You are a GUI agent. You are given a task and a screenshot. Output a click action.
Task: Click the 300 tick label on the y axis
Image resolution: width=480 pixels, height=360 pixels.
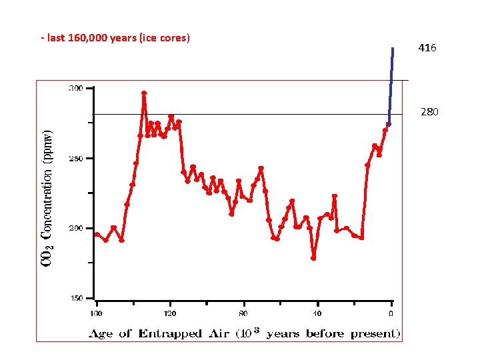tap(75, 88)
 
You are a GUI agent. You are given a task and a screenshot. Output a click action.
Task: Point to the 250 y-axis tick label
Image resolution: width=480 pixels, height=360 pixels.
tap(75, 159)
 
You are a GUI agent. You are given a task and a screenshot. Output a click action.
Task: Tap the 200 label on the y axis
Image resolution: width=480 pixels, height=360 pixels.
tap(75, 228)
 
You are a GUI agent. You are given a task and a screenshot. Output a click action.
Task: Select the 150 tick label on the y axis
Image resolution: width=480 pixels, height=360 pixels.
tap(75, 299)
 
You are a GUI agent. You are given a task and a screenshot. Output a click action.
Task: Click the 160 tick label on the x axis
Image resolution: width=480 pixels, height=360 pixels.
tap(97, 313)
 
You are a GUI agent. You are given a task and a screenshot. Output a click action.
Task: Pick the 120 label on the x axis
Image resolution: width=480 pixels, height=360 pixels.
tap(171, 313)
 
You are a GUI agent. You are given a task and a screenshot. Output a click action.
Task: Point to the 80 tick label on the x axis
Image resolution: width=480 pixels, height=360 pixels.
tap(244, 313)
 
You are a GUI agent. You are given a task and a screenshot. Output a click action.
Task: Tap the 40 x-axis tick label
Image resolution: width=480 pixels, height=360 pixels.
tap(317, 313)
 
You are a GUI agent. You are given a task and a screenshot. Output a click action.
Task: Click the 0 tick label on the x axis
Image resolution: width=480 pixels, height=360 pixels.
tap(391, 313)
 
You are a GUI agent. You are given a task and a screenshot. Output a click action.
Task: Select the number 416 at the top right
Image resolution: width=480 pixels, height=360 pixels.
tap(427, 48)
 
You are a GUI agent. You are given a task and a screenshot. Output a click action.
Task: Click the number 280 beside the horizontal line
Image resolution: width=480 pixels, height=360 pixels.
tap(429, 112)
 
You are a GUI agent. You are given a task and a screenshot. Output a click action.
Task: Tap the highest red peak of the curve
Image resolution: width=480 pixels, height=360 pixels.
tap(144, 93)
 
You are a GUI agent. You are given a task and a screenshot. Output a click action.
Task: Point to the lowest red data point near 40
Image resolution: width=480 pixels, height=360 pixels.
tap(313, 258)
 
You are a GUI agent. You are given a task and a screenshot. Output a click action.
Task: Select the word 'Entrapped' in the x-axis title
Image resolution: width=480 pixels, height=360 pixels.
tap(170, 333)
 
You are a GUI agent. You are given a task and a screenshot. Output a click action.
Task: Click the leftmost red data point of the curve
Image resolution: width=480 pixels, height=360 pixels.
tap(97, 234)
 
